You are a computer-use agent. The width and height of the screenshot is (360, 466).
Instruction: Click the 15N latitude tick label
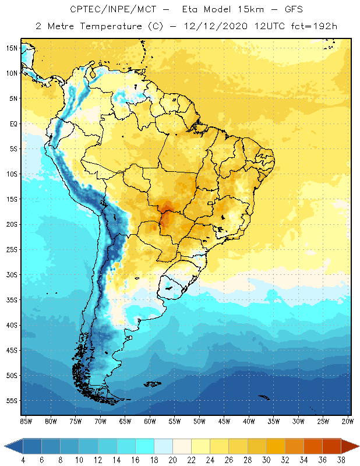tap(12, 48)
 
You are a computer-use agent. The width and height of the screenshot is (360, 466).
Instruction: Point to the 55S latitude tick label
tap(12, 401)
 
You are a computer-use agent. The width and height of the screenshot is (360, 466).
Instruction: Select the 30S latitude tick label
tap(12, 274)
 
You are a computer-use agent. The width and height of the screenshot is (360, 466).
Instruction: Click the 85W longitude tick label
tap(26, 421)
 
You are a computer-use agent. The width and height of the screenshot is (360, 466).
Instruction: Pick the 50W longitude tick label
tap(199, 421)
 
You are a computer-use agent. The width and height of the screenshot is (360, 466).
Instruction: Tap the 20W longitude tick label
tap(348, 421)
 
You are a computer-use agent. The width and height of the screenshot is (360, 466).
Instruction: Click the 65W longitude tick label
tap(125, 421)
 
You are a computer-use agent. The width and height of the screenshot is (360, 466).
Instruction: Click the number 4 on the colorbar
tap(23, 460)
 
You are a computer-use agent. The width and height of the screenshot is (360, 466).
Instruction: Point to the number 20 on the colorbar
tap(172, 460)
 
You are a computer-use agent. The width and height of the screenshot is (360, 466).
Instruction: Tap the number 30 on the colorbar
tap(266, 460)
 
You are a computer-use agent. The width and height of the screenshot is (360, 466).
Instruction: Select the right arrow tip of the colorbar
tap(358, 446)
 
